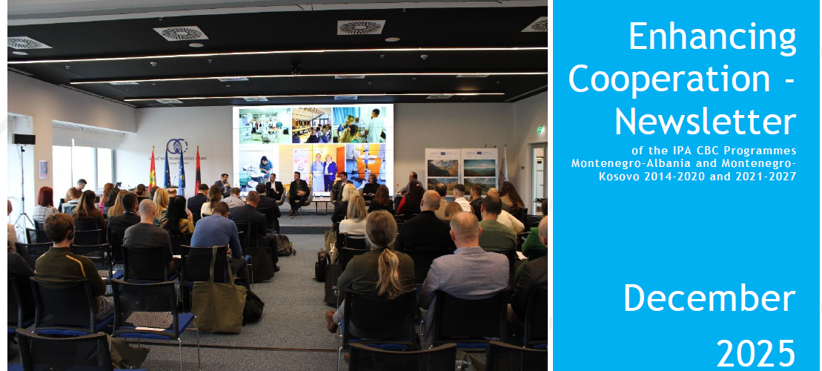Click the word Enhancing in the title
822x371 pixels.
pos(712,37)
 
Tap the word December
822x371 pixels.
pos(709,298)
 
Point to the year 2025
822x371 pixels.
pos(756,353)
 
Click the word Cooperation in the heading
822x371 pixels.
pos(669,79)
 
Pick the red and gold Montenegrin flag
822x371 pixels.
pos(153,168)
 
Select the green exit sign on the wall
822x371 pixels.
pos(539,129)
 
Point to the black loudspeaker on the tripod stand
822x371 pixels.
pos(24,139)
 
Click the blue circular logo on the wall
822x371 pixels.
pos(176,146)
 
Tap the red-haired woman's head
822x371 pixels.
pos(46,196)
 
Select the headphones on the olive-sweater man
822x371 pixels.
pos(70,230)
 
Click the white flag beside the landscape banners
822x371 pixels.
pos(503,167)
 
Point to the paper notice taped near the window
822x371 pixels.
pos(43,169)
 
